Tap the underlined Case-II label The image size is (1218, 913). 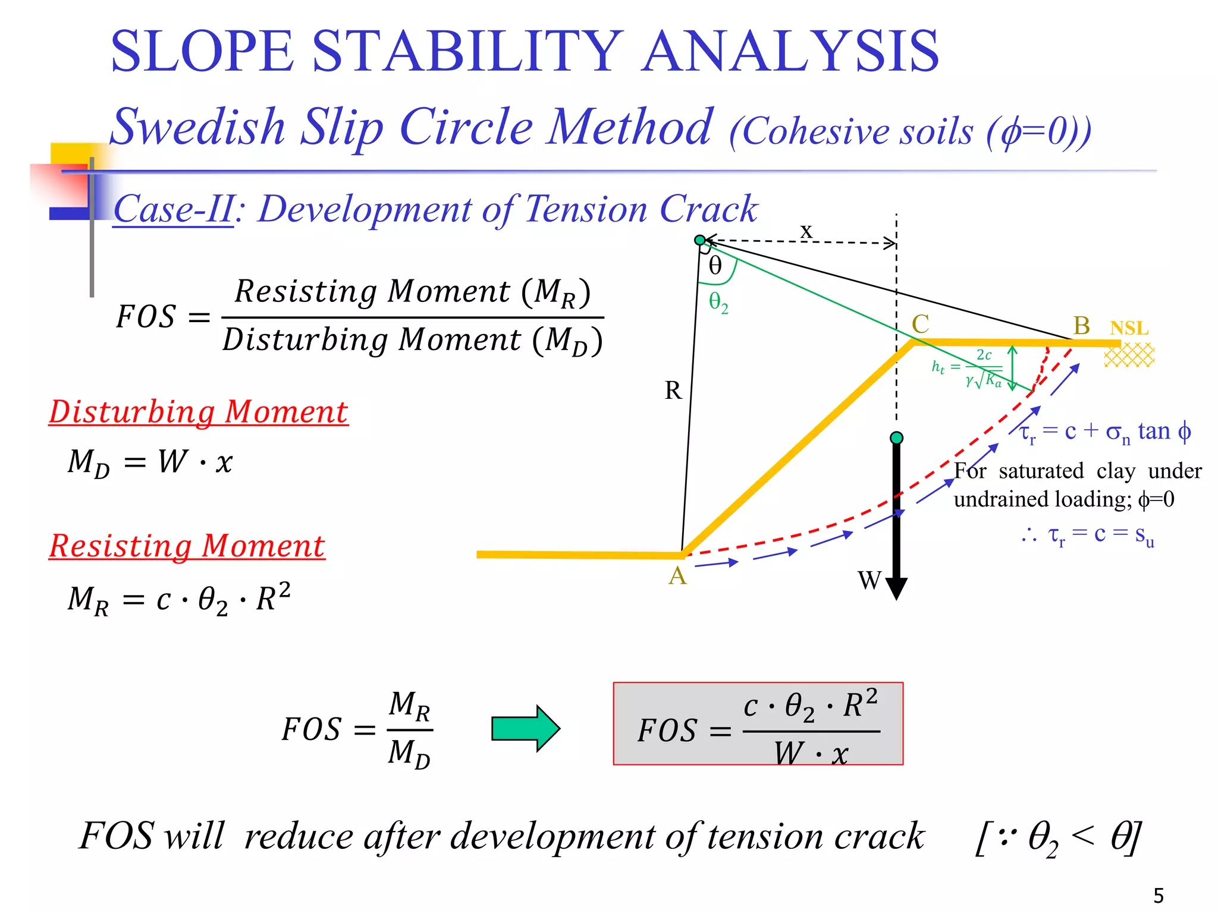pos(173,209)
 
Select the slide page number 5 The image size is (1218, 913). pos(1159,895)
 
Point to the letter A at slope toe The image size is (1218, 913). pos(677,576)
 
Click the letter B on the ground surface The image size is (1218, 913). pos(1081,326)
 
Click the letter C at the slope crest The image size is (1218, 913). pos(920,325)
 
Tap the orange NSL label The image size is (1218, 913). pos(1129,328)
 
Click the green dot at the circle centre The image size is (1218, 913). pos(700,240)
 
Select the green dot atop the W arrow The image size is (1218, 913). pos(896,438)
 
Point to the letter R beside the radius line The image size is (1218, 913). pos(673,391)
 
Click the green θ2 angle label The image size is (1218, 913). pos(718,303)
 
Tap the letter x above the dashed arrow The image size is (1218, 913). pos(806,230)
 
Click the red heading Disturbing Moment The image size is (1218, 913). pos(198,412)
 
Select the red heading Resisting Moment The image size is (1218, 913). pos(187,546)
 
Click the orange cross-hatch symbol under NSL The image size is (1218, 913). pos(1129,355)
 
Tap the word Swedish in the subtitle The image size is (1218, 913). pos(198,127)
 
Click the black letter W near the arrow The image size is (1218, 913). pos(869,580)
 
